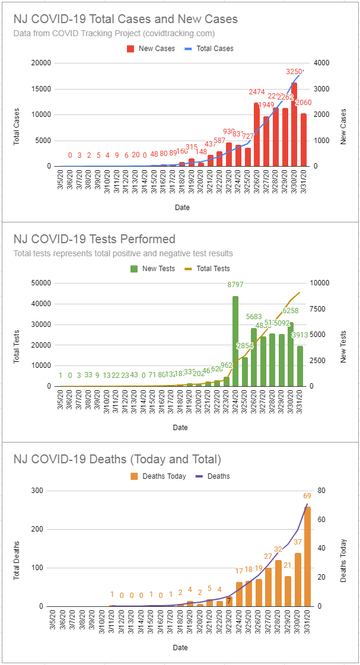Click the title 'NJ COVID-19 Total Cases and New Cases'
click(x=126, y=19)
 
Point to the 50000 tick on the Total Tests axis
click(x=40, y=283)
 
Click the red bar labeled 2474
click(x=257, y=135)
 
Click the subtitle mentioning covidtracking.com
click(x=114, y=33)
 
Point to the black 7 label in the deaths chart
click(x=229, y=600)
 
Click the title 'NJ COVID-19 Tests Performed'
click(x=94, y=239)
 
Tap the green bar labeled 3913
click(x=300, y=366)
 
